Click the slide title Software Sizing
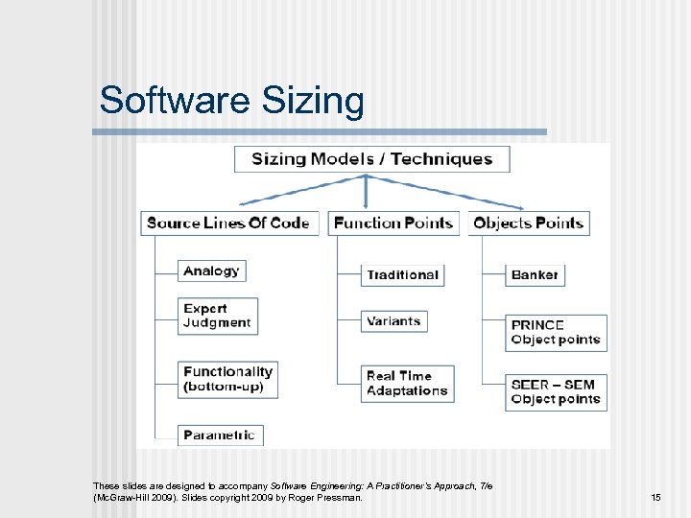point(231,101)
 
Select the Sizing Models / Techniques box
point(371,159)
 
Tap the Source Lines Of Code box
point(228,224)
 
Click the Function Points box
point(393,224)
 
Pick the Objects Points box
point(528,224)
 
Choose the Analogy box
point(211,271)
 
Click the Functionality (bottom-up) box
point(227,379)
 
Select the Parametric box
point(220,436)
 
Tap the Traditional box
point(402,274)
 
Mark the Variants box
point(393,321)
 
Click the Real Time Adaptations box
point(407,384)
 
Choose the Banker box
point(535,274)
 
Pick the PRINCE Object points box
point(556,332)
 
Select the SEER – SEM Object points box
point(556,391)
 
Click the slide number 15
point(655,497)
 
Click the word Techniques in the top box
point(441,159)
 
